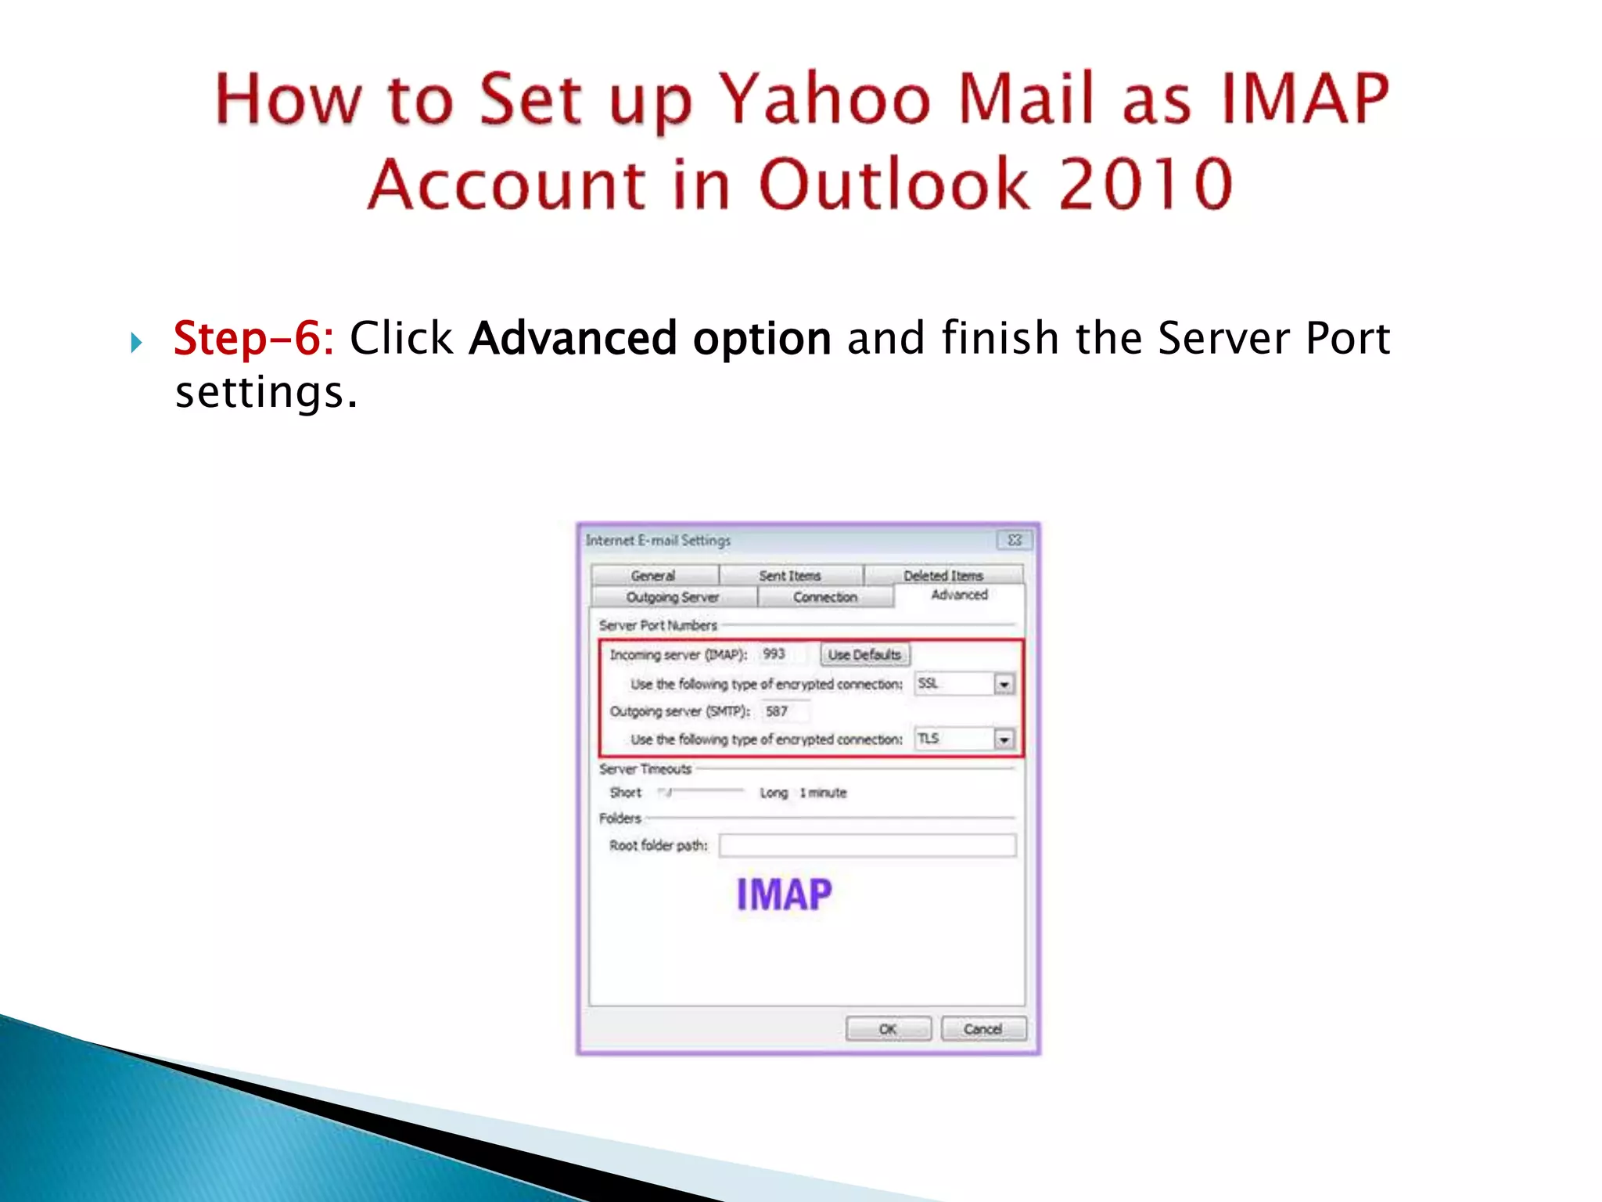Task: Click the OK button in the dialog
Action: click(x=888, y=1028)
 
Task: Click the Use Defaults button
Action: click(x=864, y=654)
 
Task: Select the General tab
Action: click(x=653, y=575)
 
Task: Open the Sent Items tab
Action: click(x=790, y=575)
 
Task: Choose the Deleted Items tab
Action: click(x=943, y=575)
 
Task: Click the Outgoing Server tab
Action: click(x=673, y=597)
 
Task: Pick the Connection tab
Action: click(x=825, y=597)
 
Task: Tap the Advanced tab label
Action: click(x=959, y=595)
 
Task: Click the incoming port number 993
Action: click(x=774, y=653)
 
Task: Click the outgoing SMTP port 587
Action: click(x=777, y=711)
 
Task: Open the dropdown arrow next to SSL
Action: click(x=1004, y=684)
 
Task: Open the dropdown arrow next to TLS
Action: click(x=1004, y=739)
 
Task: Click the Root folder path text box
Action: click(x=867, y=845)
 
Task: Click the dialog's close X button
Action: click(x=1015, y=540)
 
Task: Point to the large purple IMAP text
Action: click(x=784, y=894)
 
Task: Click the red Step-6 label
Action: click(x=253, y=338)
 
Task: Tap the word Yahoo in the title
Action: click(x=825, y=99)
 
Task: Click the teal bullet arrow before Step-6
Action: click(x=136, y=342)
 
